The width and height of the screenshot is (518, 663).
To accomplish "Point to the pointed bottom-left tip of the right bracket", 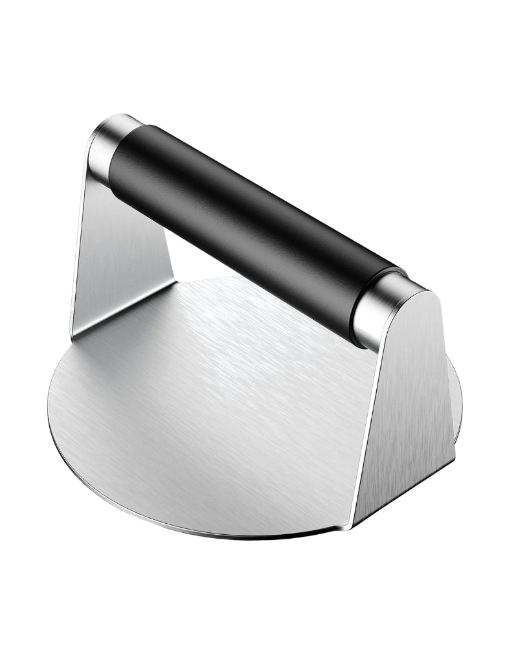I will click(350, 528).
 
